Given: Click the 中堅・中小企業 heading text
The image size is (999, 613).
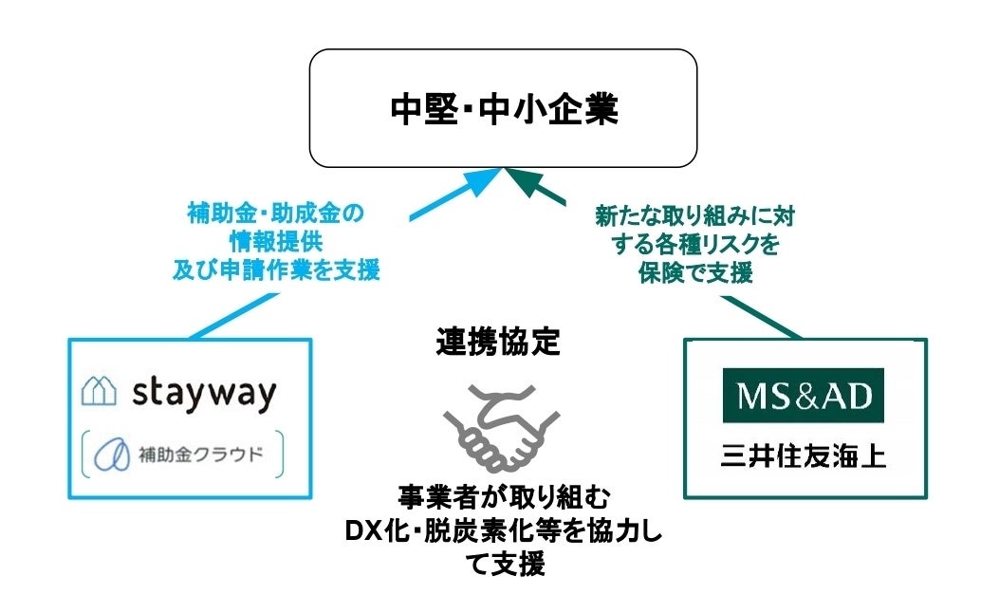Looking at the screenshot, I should (504, 110).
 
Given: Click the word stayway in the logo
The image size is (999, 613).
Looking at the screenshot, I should (204, 392).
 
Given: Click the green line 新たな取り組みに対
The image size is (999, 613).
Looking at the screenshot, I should (695, 216).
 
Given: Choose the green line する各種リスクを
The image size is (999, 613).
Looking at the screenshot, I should (695, 245).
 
